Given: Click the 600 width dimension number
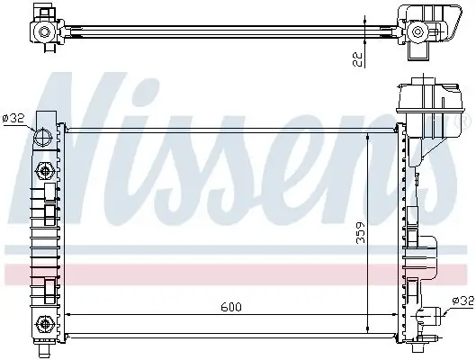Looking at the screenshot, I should (x=232, y=306).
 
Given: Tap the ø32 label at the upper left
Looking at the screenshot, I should (x=14, y=117).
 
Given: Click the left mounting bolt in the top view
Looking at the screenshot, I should (x=43, y=32).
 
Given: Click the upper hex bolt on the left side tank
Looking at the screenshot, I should (x=41, y=171).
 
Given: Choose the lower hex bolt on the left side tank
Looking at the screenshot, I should (x=41, y=323).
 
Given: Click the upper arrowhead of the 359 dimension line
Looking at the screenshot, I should (x=369, y=136).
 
